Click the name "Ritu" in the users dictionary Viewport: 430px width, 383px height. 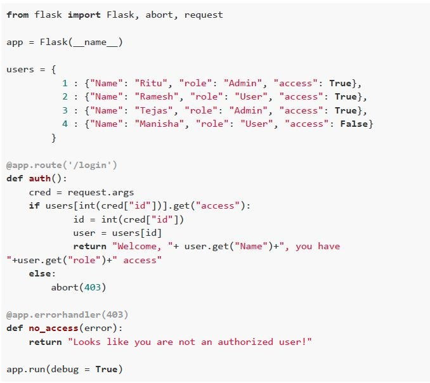pos(151,83)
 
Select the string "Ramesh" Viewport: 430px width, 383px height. pos(157,96)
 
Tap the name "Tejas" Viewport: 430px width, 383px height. pos(154,110)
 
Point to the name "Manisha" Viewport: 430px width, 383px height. pos(159,124)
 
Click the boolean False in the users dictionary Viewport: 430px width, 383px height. pos(354,124)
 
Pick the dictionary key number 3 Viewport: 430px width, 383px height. pos(65,110)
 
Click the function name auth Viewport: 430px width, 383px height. pos(40,178)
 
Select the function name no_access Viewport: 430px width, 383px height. pos(54,328)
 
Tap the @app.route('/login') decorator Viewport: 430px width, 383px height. pos(62,165)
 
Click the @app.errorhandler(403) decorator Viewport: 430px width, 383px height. pos(67,315)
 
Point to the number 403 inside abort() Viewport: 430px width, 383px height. pos(93,287)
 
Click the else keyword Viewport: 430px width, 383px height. pos(40,273)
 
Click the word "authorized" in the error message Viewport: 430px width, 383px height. pos(245,342)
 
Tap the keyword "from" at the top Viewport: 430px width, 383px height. pos(18,15)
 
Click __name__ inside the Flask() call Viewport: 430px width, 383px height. pos(95,42)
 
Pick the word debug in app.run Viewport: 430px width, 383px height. pos(65,369)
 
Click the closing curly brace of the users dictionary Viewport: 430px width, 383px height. pos(54,138)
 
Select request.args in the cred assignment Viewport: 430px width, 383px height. pos(101,192)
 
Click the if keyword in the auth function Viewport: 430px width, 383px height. pos(34,205)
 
